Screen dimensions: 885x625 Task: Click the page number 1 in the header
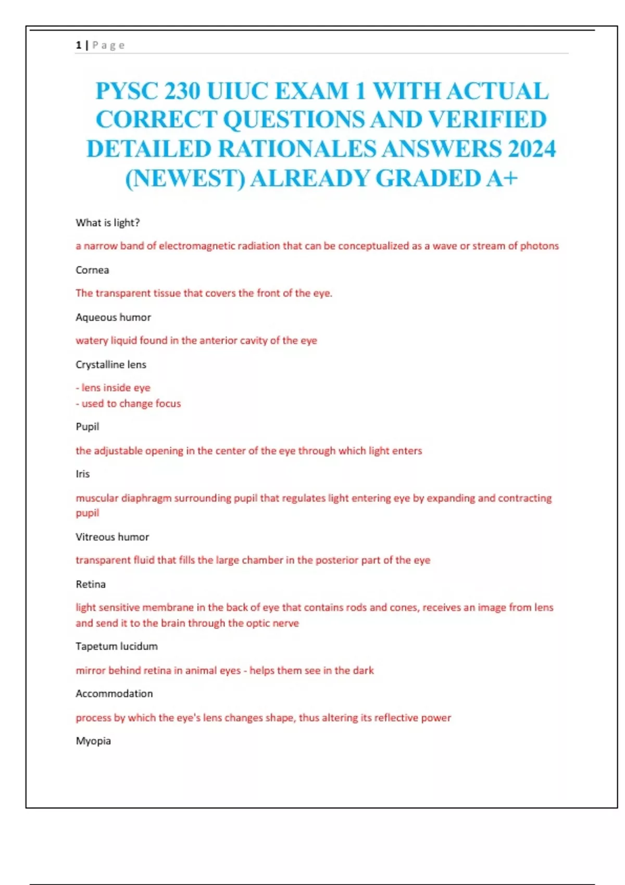(78, 45)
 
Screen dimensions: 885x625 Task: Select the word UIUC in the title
(238, 92)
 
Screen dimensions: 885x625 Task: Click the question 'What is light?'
(108, 223)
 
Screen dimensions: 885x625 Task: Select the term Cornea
(92, 270)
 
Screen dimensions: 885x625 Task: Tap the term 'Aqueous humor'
(113, 318)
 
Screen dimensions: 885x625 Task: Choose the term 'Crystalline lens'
(111, 365)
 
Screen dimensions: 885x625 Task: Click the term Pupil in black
(87, 427)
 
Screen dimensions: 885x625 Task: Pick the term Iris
(83, 474)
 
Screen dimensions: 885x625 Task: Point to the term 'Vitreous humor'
(112, 537)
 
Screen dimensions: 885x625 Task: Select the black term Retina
(91, 585)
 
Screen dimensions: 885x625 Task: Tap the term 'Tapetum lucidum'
(117, 647)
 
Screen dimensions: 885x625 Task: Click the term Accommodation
(114, 694)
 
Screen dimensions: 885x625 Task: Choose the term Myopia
(93, 741)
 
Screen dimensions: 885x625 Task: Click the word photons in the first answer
(539, 246)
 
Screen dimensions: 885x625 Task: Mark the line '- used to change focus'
(129, 404)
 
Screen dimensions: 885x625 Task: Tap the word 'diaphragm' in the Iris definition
(146, 498)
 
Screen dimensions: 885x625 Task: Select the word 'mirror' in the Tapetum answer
(91, 671)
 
